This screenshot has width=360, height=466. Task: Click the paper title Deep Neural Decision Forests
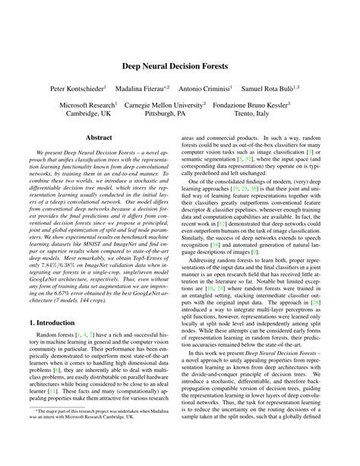[179, 66]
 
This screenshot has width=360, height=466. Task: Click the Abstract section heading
[99, 138]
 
